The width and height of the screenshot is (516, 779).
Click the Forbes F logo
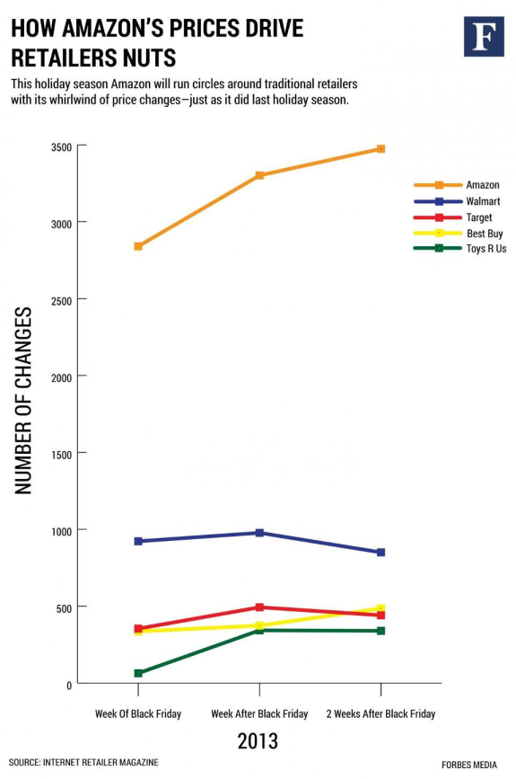pos(484,36)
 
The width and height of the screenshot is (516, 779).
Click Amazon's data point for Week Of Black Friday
pos(138,246)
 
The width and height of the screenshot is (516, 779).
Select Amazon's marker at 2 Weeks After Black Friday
pos(380,149)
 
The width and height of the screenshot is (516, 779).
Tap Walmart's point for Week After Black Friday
pos(259,533)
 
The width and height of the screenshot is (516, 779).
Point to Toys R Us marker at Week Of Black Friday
pos(138,673)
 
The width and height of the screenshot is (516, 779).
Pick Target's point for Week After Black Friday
pos(259,607)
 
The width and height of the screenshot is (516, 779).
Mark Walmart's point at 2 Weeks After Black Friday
pos(380,553)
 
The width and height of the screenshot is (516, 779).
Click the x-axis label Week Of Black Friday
pos(138,714)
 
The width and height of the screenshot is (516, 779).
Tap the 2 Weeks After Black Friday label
pos(380,714)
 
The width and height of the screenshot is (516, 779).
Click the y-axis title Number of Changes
pos(24,400)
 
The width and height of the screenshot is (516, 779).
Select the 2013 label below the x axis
pos(258,741)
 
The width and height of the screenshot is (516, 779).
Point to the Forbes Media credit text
pos(469,764)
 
